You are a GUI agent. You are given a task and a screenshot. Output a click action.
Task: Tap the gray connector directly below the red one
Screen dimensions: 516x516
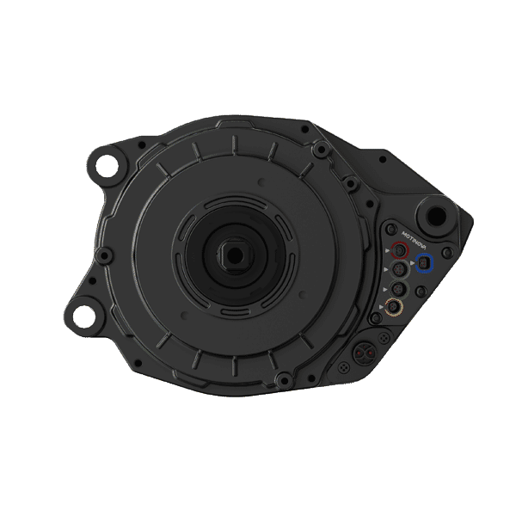[x=399, y=269]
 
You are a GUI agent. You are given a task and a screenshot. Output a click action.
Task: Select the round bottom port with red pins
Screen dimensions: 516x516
[x=363, y=351]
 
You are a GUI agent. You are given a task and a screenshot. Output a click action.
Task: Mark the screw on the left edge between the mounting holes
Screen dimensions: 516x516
[x=105, y=256]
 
